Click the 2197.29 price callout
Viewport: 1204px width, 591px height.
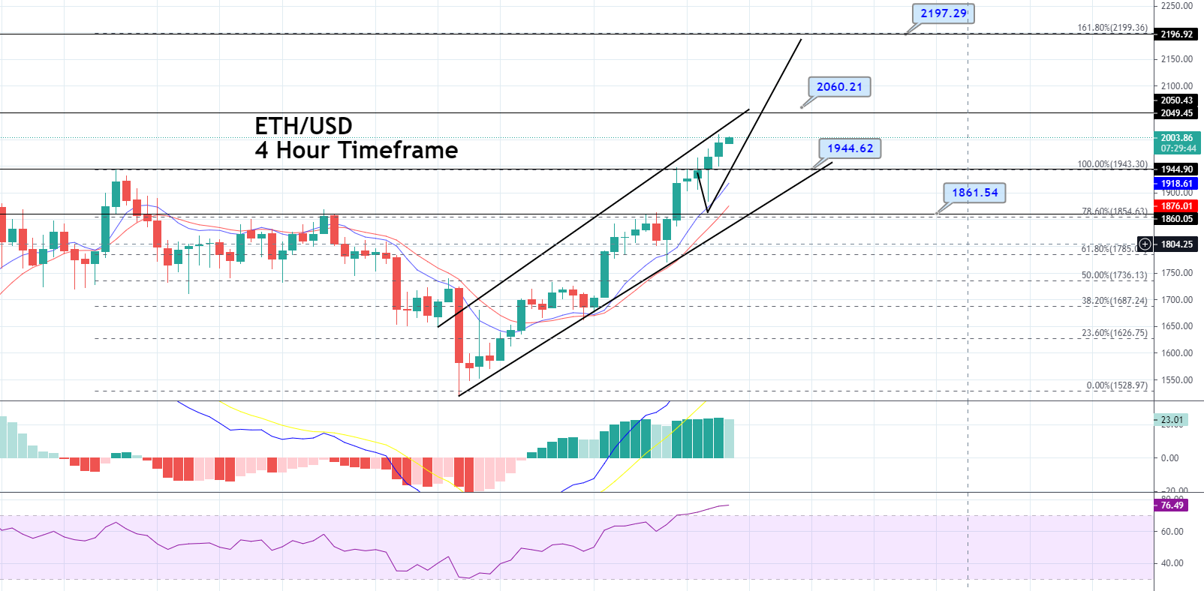(944, 13)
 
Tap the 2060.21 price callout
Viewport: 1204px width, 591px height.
(839, 87)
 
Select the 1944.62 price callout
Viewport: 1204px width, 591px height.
(850, 148)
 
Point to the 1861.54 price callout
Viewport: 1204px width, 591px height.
(974, 193)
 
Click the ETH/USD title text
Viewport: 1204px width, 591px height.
(303, 126)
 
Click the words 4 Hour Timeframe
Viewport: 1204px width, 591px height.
(356, 151)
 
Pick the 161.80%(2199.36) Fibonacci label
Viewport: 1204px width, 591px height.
(1112, 28)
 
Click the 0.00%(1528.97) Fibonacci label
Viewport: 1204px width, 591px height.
(1116, 385)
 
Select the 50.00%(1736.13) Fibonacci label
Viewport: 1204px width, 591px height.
(1114, 275)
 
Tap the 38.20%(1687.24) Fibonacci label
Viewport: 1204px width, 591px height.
(1114, 301)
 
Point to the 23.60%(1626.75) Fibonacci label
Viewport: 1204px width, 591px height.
(1114, 333)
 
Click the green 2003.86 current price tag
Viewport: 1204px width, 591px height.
(1176, 138)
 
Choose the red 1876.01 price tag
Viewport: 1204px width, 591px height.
(1176, 206)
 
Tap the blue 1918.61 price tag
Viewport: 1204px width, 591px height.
(1176, 184)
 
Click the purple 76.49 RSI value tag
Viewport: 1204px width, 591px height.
(1172, 505)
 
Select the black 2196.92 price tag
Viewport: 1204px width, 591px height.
(1176, 34)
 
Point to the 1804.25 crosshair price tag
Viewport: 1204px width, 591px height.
(1176, 244)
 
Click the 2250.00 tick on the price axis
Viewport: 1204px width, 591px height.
(1176, 6)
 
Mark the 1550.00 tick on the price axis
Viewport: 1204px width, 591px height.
(1176, 380)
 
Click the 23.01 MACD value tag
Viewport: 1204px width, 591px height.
(1171, 420)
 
